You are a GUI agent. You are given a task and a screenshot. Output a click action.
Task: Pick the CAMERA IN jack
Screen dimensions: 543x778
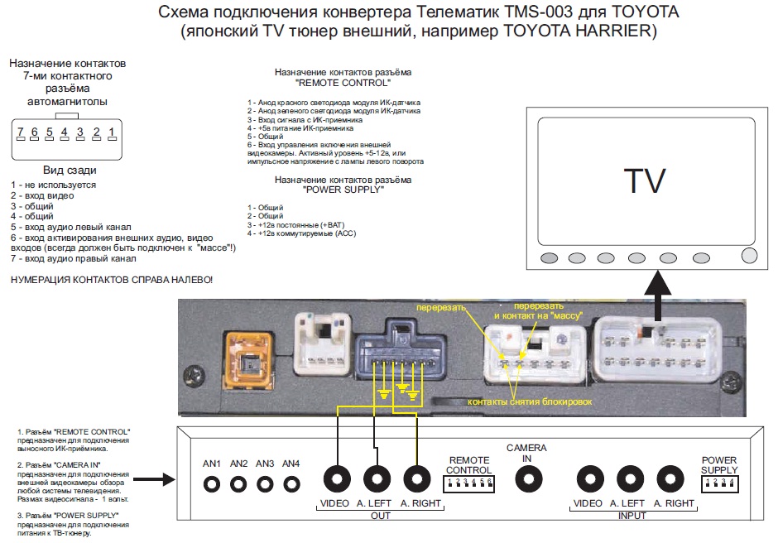[x=526, y=479]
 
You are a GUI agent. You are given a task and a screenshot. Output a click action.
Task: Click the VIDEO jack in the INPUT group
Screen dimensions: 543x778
[x=588, y=479]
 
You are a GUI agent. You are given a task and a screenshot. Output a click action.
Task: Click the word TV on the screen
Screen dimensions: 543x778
[x=644, y=180]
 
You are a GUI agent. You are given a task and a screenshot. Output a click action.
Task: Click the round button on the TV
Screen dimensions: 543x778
[x=750, y=256]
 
